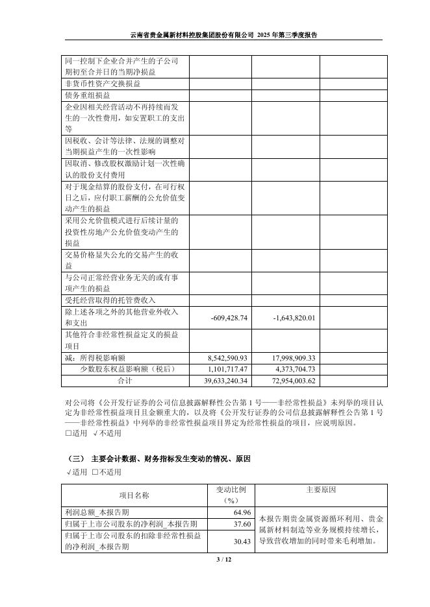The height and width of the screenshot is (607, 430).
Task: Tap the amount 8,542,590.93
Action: click(227, 358)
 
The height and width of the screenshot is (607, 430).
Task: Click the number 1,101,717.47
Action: click(227, 369)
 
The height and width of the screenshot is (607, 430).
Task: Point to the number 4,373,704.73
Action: click(294, 369)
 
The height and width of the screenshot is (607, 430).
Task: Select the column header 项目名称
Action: click(134, 495)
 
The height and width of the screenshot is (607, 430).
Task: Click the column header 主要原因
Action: click(320, 490)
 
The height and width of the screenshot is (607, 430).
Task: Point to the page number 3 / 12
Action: click(215, 560)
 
